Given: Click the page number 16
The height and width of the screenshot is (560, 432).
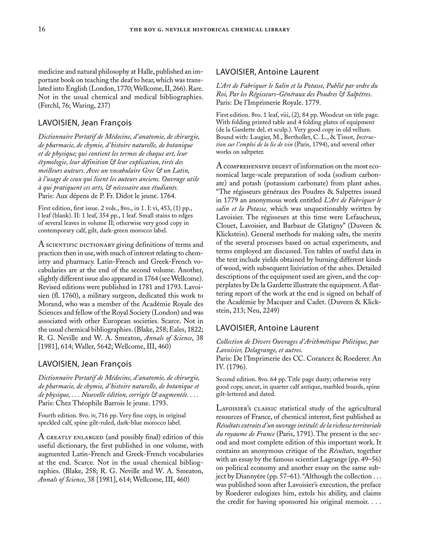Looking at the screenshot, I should click(42, 29).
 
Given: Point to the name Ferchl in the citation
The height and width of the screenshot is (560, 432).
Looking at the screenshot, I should click(49, 106).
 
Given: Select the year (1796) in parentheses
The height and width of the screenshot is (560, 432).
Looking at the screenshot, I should click(235, 367).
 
